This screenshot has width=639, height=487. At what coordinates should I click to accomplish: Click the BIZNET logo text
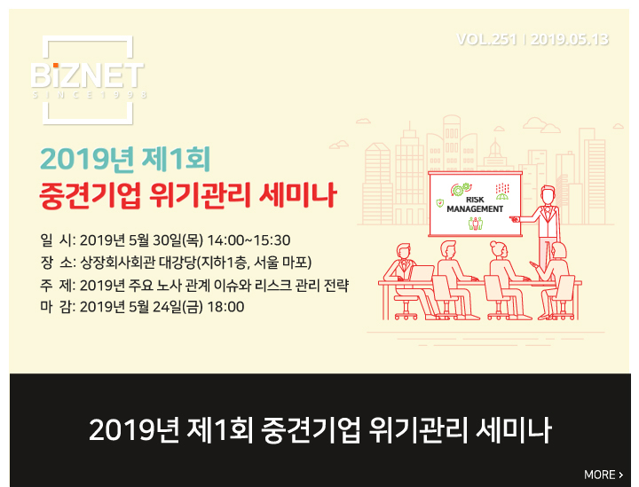(87, 75)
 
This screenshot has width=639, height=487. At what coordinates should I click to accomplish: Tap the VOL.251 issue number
(487, 40)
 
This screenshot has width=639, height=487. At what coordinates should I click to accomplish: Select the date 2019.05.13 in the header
(570, 40)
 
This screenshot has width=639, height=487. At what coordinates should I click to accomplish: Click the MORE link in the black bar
(603, 475)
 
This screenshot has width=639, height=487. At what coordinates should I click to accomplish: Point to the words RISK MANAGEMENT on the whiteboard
(475, 204)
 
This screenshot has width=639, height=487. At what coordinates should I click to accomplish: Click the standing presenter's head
(548, 195)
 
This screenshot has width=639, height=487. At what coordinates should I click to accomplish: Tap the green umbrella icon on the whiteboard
(502, 196)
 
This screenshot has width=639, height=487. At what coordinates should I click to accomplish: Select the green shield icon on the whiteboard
(440, 203)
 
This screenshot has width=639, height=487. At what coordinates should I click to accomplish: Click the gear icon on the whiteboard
(459, 190)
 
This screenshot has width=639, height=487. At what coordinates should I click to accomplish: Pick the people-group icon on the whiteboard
(475, 224)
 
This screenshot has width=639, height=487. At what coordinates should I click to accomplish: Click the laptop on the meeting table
(422, 273)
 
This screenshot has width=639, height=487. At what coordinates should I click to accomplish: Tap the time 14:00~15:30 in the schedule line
(249, 240)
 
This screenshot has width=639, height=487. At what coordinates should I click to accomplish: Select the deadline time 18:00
(225, 307)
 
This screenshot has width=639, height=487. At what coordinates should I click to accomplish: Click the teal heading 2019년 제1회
(125, 159)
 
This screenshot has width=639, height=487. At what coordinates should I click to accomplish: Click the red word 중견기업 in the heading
(90, 195)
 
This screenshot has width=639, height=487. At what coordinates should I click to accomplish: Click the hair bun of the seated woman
(494, 244)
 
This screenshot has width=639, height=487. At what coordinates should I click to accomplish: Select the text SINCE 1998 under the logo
(90, 95)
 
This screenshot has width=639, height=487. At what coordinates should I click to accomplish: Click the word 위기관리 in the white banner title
(418, 430)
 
